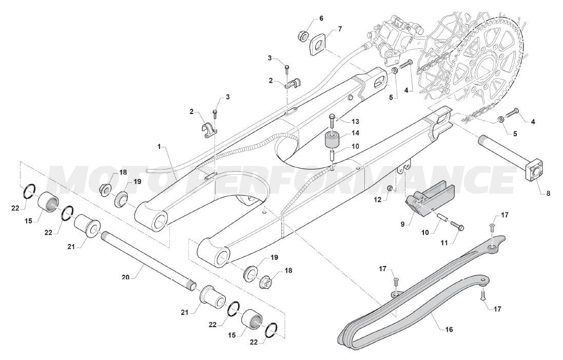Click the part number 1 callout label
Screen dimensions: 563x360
159,147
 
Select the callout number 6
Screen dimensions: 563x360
321,18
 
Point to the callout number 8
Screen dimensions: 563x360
548,194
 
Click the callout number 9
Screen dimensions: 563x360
403,224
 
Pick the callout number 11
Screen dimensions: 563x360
444,243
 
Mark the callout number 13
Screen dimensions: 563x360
355,121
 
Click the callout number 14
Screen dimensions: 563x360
355,134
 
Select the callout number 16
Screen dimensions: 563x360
449,329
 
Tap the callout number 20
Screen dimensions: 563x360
125,277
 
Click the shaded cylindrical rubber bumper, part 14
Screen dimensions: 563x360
333,140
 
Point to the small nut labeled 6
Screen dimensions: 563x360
303,35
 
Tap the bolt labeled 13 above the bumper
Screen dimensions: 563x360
332,123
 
